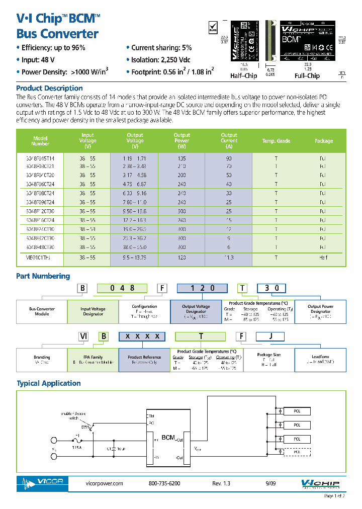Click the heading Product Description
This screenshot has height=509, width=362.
pyautogui.click(x=49, y=89)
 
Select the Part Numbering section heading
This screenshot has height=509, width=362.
pyautogui.click(x=43, y=276)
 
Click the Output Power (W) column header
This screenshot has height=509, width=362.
pyautogui.click(x=182, y=141)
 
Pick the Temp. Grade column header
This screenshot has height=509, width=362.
pyautogui.click(x=276, y=141)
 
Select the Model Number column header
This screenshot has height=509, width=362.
pyautogui.click(x=40, y=141)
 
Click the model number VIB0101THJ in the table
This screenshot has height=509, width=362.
pyautogui.click(x=40, y=258)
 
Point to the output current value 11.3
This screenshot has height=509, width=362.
pyautogui.click(x=229, y=258)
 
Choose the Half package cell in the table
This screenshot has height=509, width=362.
pyautogui.click(x=323, y=258)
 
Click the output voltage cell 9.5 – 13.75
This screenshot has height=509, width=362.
pyautogui.click(x=134, y=258)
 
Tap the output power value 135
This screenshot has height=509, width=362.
pyautogui.click(x=182, y=158)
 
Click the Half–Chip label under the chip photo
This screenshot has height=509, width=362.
pyautogui.click(x=243, y=76)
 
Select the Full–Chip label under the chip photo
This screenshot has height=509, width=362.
pyautogui.click(x=307, y=76)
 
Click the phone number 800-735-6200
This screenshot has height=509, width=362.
pyautogui.click(x=164, y=483)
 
